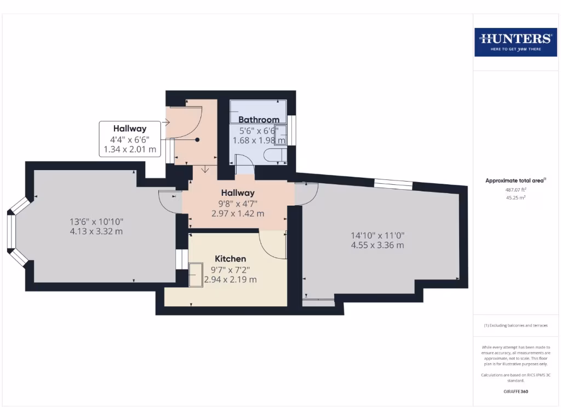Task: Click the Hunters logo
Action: coord(516,42)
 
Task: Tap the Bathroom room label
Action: coord(259,119)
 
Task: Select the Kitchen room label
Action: coord(230,259)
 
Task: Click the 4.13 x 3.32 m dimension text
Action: coord(96,231)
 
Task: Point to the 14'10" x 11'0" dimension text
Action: coord(377,235)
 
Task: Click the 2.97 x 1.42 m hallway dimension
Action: coord(238,213)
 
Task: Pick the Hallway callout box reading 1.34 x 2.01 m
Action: coord(130,139)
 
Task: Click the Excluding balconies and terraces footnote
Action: coord(515,325)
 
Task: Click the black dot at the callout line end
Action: coord(197,139)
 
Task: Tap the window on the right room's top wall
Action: coord(393,184)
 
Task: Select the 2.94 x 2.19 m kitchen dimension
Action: coord(230,279)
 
